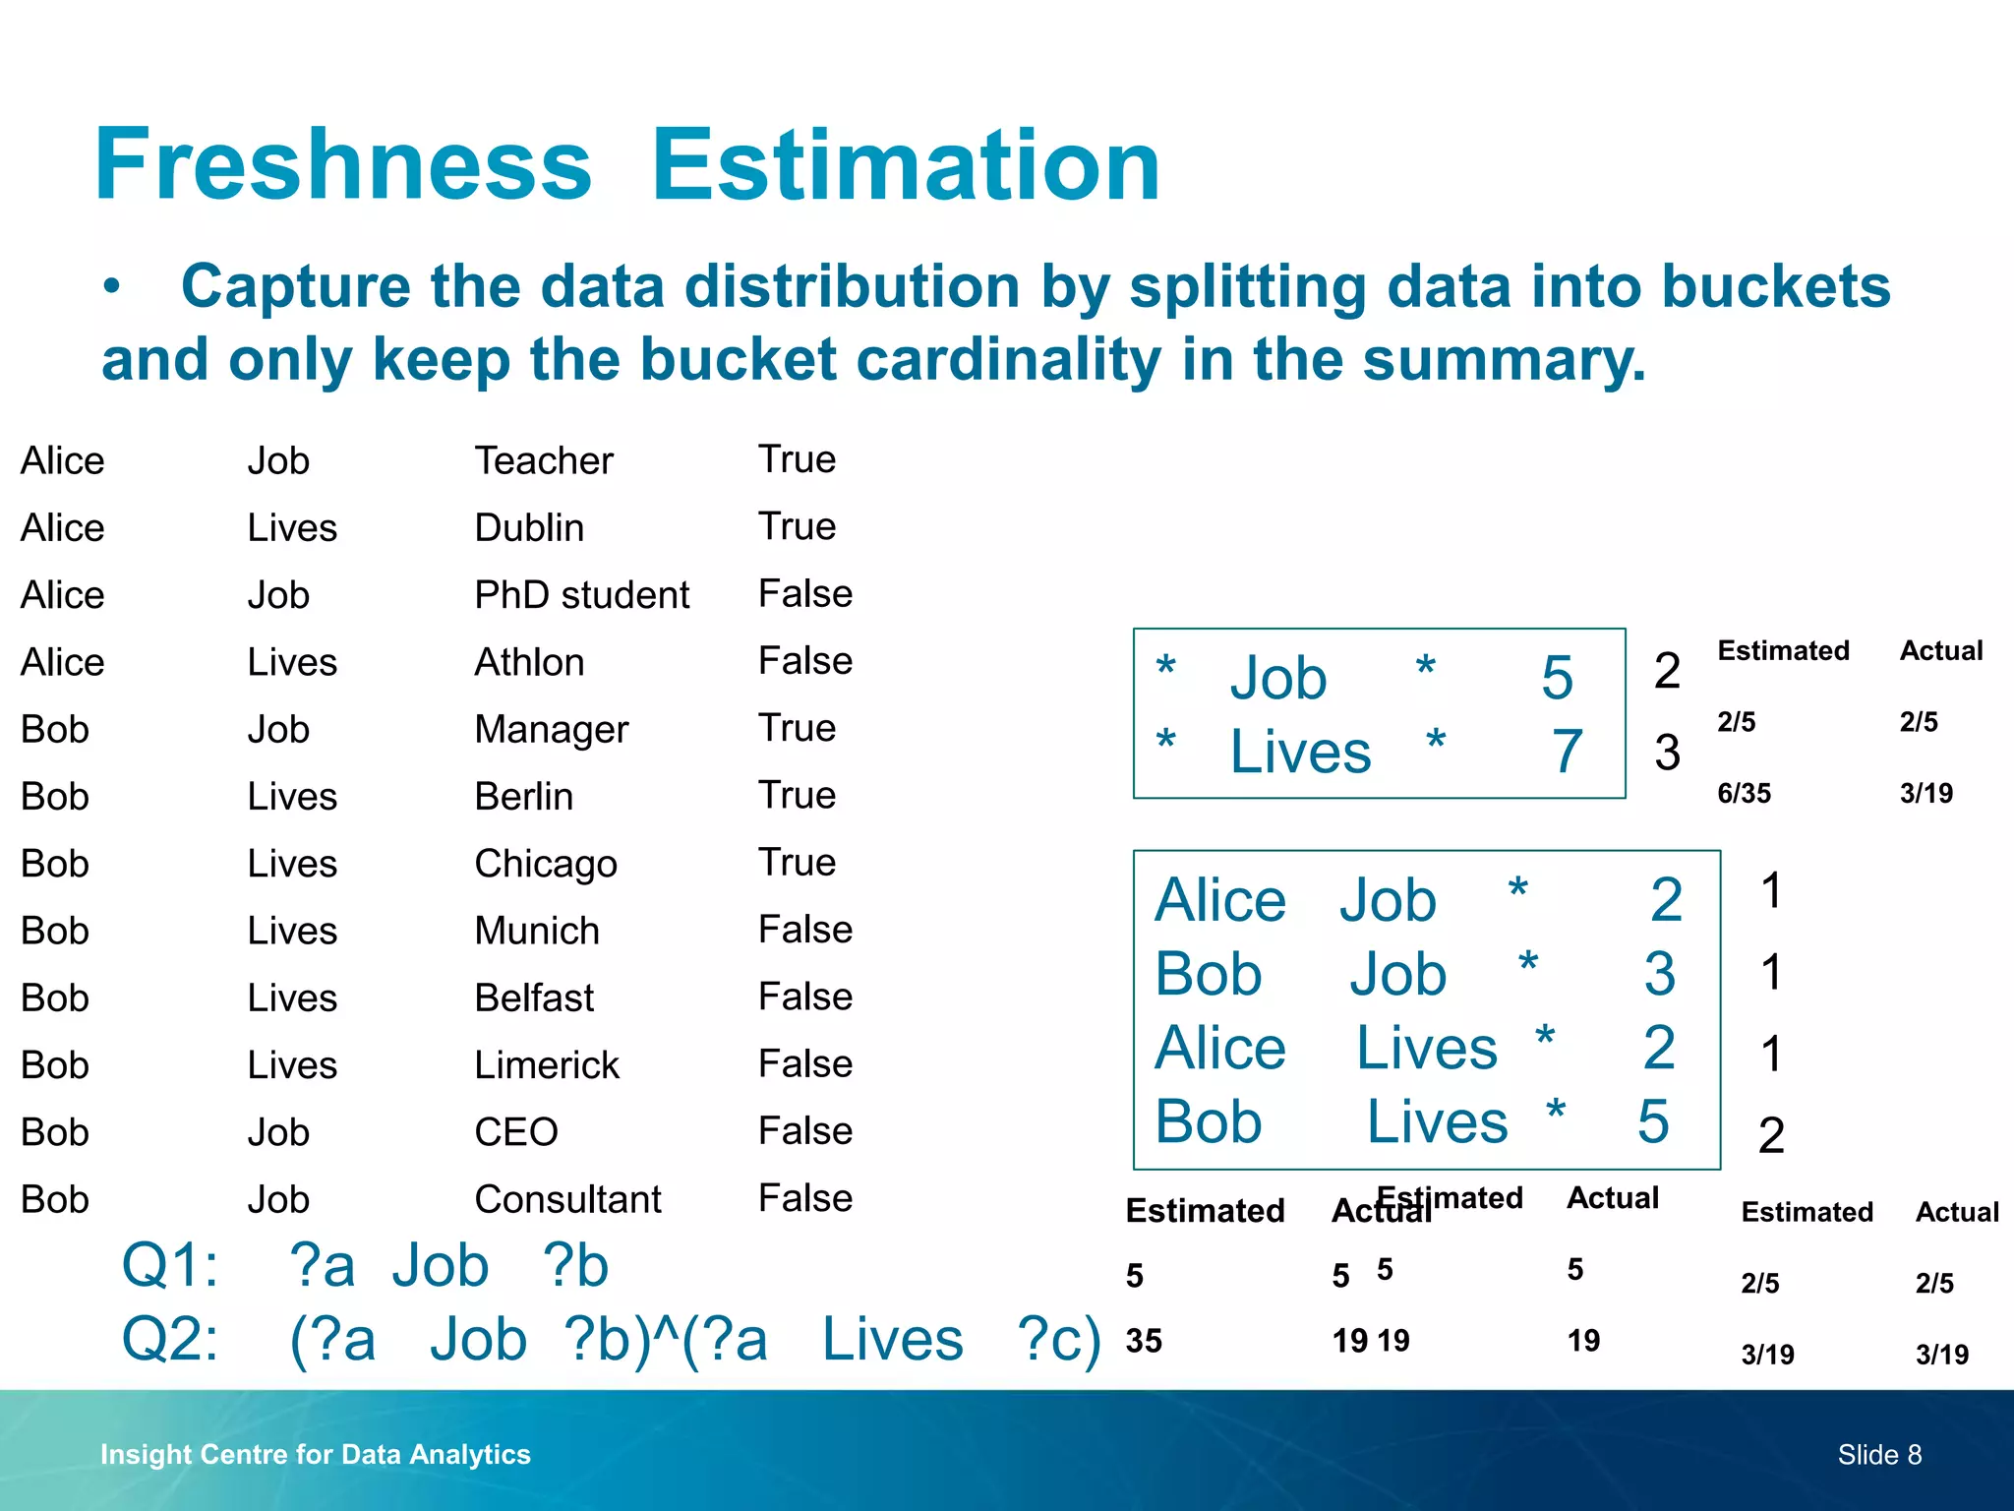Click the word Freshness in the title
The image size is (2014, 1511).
point(343,165)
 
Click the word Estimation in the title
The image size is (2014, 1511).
point(906,165)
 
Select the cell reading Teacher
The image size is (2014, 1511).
point(544,460)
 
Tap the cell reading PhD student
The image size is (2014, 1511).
point(581,595)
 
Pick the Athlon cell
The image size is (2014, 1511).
point(529,662)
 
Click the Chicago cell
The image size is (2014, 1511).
point(546,864)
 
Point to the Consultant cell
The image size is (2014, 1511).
point(567,1199)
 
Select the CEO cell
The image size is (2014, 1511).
point(516,1132)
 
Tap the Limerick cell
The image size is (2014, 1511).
point(547,1065)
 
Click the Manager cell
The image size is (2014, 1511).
point(551,730)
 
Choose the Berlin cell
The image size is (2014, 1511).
point(523,797)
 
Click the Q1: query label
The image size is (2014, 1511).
point(169,1265)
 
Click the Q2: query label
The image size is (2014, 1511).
point(169,1339)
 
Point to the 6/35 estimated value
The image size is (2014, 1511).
point(1744,793)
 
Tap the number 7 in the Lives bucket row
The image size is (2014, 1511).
point(1567,752)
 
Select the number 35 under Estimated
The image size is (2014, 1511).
point(1144,1341)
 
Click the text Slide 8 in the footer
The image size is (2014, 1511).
point(1879,1454)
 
